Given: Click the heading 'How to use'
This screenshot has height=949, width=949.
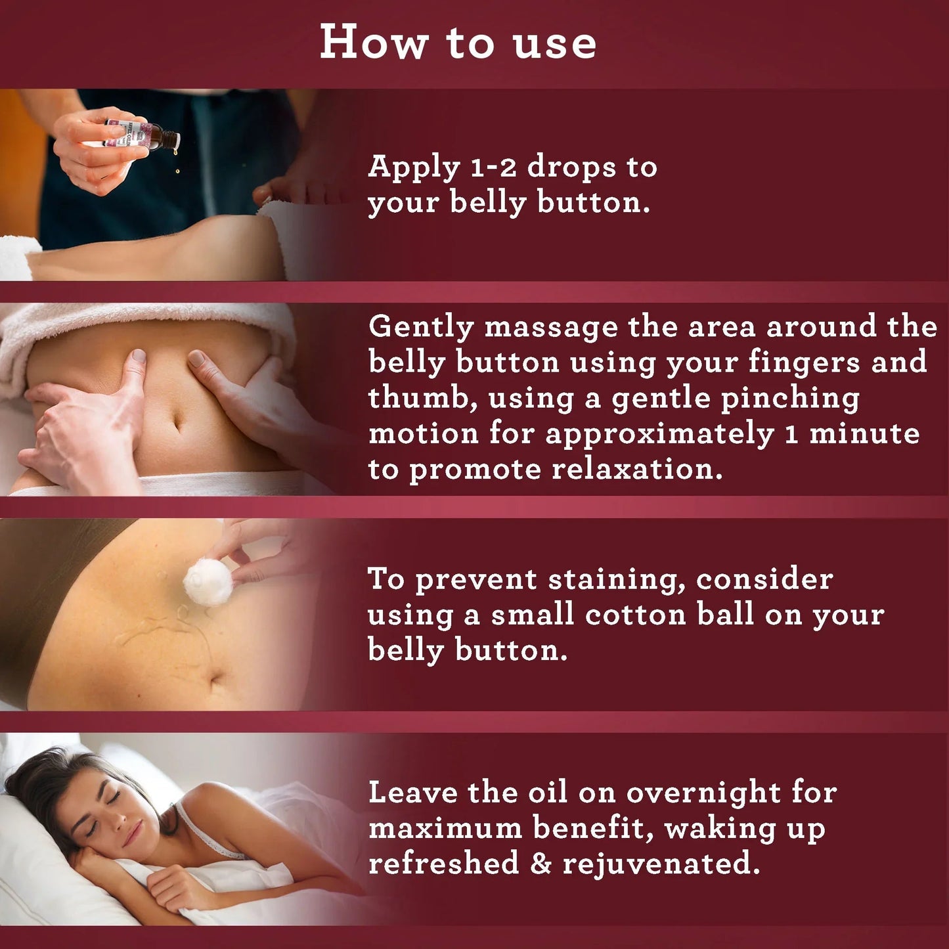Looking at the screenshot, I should point(458,43).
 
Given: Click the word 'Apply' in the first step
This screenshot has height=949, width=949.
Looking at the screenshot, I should point(414,168).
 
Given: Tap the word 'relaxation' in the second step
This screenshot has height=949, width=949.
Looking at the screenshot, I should point(636,469).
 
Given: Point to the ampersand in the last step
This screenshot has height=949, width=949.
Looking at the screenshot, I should point(541,864).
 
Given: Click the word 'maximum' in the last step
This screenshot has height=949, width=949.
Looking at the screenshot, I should point(445,828).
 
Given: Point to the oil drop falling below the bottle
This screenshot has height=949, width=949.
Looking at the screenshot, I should point(177,171).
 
